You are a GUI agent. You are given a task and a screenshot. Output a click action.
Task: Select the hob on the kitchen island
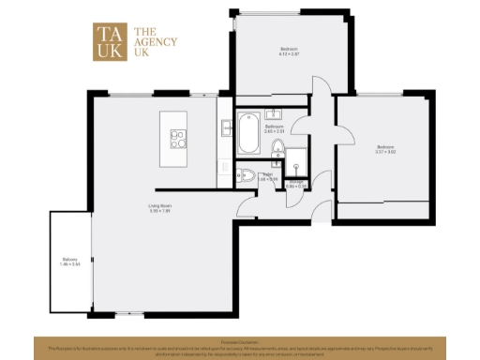[x=177, y=139]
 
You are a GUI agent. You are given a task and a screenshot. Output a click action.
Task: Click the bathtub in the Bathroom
[x=248, y=133]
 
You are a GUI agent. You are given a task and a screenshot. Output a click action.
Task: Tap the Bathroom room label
[x=274, y=126]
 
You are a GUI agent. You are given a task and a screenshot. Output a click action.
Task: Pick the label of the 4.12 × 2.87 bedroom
[x=289, y=48]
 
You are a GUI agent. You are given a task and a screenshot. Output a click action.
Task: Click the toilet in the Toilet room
[x=245, y=174]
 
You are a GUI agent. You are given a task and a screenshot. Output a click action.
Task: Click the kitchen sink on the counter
[x=227, y=128]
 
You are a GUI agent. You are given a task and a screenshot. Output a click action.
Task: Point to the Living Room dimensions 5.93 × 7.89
[x=159, y=211]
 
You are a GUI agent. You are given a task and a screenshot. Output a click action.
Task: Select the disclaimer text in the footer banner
[x=240, y=348]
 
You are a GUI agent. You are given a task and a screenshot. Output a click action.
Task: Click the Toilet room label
[x=268, y=174]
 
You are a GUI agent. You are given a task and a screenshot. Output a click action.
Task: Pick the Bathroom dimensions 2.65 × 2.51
[x=274, y=131]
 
